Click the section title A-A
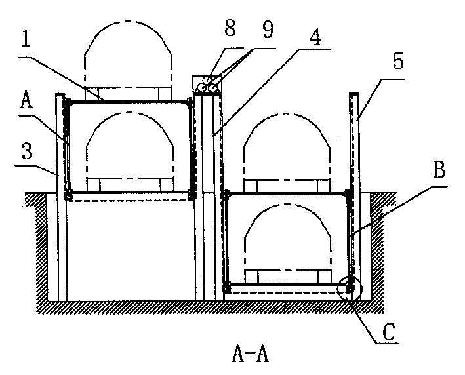[251, 354]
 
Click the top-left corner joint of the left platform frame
[68, 102]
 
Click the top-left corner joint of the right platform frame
[226, 194]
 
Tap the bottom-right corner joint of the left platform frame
[191, 194]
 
